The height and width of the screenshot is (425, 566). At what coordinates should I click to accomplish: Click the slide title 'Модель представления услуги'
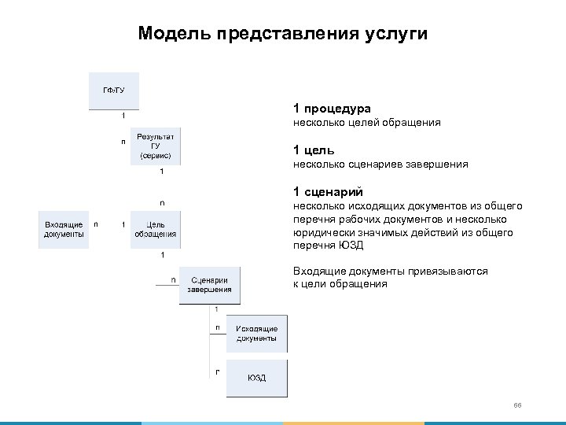pos(282,34)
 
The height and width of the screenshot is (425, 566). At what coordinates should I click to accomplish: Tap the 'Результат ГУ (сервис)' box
pos(155,146)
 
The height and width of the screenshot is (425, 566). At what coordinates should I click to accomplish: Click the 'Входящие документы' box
pos(64,230)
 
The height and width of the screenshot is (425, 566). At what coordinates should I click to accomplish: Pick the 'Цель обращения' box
pos(155,230)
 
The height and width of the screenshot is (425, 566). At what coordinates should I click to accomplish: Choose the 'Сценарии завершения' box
pos(209,284)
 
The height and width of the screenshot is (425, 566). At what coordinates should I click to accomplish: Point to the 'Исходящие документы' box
pos(256,333)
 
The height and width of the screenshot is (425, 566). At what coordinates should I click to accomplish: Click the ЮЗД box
pos(256,378)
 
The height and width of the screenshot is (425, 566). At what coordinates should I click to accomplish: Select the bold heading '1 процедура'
pos(332,108)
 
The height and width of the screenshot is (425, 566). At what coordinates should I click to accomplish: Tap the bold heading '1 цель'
pos(314,150)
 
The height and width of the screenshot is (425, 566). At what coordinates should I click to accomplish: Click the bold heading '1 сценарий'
pos(326,191)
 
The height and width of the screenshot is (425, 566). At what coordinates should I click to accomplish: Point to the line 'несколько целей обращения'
pos(366,123)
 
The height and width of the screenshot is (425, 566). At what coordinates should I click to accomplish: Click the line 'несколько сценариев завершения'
pos(380,164)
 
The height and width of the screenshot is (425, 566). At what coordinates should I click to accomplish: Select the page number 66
pos(517,405)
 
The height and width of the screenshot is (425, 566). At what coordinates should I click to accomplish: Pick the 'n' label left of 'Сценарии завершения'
pos(173,279)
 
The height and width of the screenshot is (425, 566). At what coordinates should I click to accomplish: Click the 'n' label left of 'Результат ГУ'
pos(123,142)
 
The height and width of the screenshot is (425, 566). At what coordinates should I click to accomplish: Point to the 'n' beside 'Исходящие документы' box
pos(218,326)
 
